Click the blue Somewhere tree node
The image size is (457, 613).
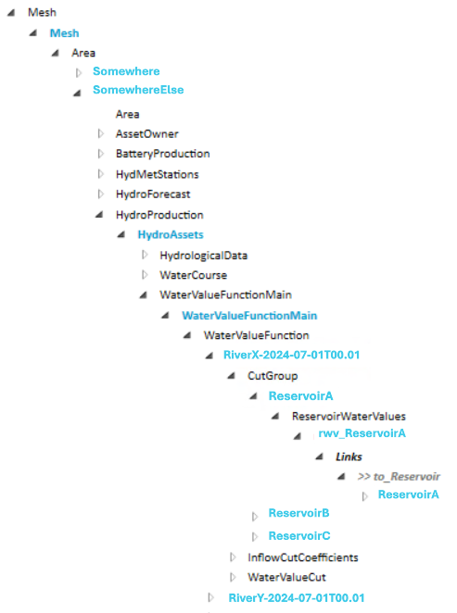click(126, 71)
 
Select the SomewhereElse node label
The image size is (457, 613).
click(138, 90)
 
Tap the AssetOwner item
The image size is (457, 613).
click(146, 134)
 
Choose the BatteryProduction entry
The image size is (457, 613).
click(162, 154)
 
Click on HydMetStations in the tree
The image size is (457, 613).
click(157, 174)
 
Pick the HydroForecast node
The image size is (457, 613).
click(153, 194)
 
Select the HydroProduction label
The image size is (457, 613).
click(159, 215)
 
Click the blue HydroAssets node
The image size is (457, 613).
click(171, 235)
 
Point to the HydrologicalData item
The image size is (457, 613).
click(203, 255)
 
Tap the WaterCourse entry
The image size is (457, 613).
click(193, 275)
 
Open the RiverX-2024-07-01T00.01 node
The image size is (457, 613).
click(291, 356)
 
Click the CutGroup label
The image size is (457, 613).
click(272, 376)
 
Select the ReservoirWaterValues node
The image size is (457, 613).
click(348, 416)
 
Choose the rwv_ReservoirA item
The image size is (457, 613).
click(362, 433)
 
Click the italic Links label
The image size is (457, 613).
click(349, 457)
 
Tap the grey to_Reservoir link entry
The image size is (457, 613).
click(399, 476)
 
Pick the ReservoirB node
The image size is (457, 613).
click(298, 513)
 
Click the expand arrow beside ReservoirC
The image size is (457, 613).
click(255, 536)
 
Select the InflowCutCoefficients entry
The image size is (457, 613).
click(302, 557)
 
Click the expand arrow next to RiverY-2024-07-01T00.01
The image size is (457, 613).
click(212, 597)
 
